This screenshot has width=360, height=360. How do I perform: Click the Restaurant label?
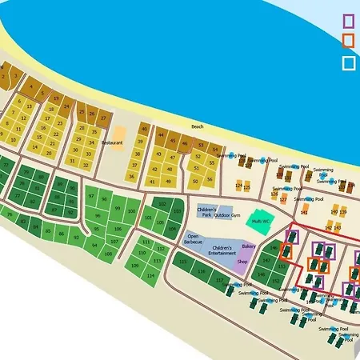tap(112, 142)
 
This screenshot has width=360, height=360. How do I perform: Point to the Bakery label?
tap(249, 247)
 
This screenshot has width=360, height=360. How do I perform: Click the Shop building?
tap(242, 262)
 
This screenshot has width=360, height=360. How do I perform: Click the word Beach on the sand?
tap(198, 126)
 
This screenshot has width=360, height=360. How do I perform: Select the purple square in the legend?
tap(349, 21)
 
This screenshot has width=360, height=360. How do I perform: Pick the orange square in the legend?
tap(349, 41)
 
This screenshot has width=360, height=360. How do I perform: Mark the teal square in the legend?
tap(349, 62)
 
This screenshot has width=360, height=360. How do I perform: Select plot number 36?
tap(132, 176)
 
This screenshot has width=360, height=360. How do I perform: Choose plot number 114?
tap(150, 275)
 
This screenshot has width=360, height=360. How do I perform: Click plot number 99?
tap(117, 209)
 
